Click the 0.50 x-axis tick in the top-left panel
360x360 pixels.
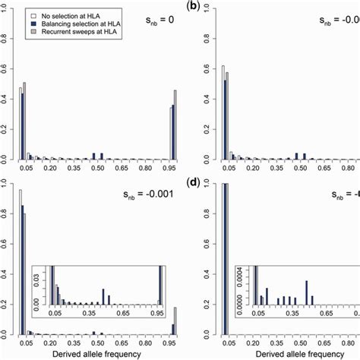click(x=97, y=172)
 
